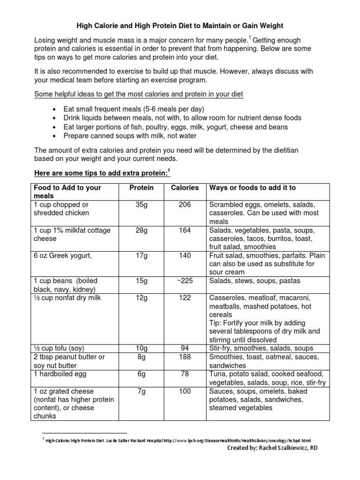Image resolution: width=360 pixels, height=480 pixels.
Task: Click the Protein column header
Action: pos(142,187)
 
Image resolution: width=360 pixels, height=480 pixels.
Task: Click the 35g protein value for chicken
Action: pos(142,205)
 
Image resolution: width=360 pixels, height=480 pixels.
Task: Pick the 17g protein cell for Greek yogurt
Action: pos(142,256)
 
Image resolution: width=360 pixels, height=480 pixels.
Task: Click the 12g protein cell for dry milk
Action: pos(142,298)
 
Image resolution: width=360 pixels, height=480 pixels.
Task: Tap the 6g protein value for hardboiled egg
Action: pos(142,374)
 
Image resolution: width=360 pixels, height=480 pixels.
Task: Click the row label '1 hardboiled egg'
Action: pos(60,374)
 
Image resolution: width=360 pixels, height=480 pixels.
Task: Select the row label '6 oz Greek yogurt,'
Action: pos(62,256)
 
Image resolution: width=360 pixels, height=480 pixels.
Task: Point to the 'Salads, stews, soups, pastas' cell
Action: pos(255,281)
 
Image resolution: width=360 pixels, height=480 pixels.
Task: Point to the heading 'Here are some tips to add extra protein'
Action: pos(101,174)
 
